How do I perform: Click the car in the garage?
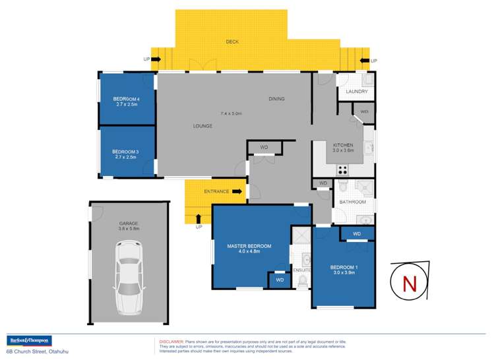tap(129, 278)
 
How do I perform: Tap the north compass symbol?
tap(410, 283)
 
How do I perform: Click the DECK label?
tap(232, 42)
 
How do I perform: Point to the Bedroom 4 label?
tap(126, 101)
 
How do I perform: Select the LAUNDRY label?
tap(356, 91)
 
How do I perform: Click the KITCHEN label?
tap(343, 145)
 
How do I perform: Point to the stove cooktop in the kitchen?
tap(344, 169)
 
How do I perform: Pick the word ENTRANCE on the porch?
tap(216, 192)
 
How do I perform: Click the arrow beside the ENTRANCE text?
tap(237, 192)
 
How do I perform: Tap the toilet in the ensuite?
tap(303, 282)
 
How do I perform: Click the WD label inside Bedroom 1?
tap(357, 234)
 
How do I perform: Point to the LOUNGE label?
tap(202, 126)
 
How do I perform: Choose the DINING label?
tap(276, 100)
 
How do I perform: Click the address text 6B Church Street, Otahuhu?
tap(36, 351)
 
